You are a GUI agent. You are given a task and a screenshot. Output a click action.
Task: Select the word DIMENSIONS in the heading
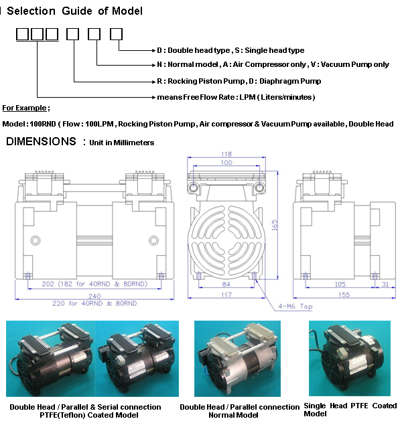click(x=41, y=141)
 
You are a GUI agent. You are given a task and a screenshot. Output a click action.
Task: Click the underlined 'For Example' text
click(x=25, y=108)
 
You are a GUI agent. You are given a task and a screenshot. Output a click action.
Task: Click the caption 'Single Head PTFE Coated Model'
click(x=350, y=409)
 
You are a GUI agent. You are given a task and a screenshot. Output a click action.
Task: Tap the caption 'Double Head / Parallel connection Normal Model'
click(x=239, y=410)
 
